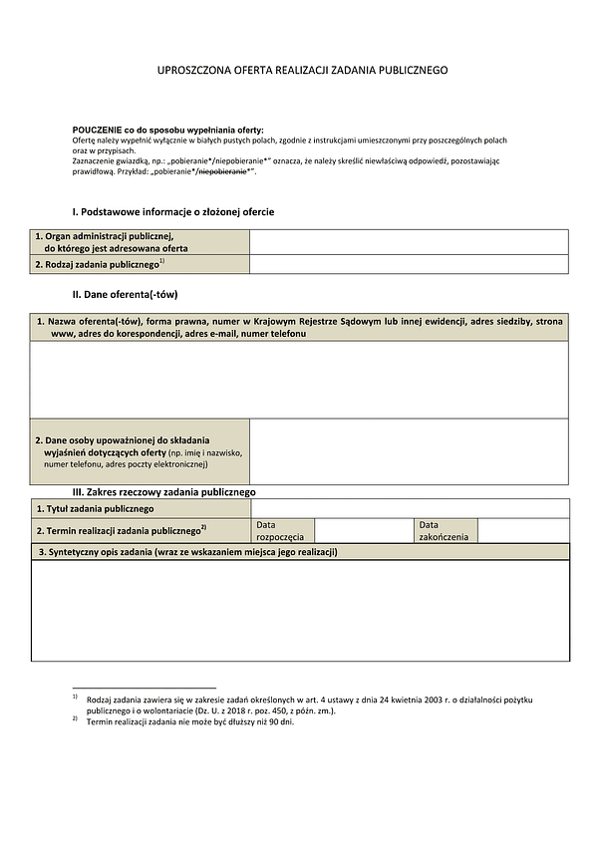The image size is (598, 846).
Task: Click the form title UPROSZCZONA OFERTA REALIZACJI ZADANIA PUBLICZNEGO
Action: coord(302,71)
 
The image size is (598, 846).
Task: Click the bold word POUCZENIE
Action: coord(98,132)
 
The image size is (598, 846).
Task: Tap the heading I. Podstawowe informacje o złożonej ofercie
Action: coord(172,212)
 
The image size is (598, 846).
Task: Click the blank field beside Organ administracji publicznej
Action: coord(409,242)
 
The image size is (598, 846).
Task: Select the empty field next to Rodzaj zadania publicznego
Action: coord(409,264)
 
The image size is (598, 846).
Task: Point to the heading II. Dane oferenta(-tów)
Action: coord(125,295)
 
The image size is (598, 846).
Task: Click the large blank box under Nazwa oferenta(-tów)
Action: coord(299,380)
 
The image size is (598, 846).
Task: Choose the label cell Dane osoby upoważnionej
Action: coord(140,451)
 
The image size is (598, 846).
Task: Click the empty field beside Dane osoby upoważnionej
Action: coord(409,451)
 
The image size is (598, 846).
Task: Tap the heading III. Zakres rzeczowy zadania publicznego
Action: coord(164,492)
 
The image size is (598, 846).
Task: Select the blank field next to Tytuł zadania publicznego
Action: coord(409,508)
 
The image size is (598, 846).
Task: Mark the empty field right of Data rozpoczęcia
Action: coord(364,530)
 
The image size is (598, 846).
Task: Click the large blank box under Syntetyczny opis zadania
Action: coord(299,610)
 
